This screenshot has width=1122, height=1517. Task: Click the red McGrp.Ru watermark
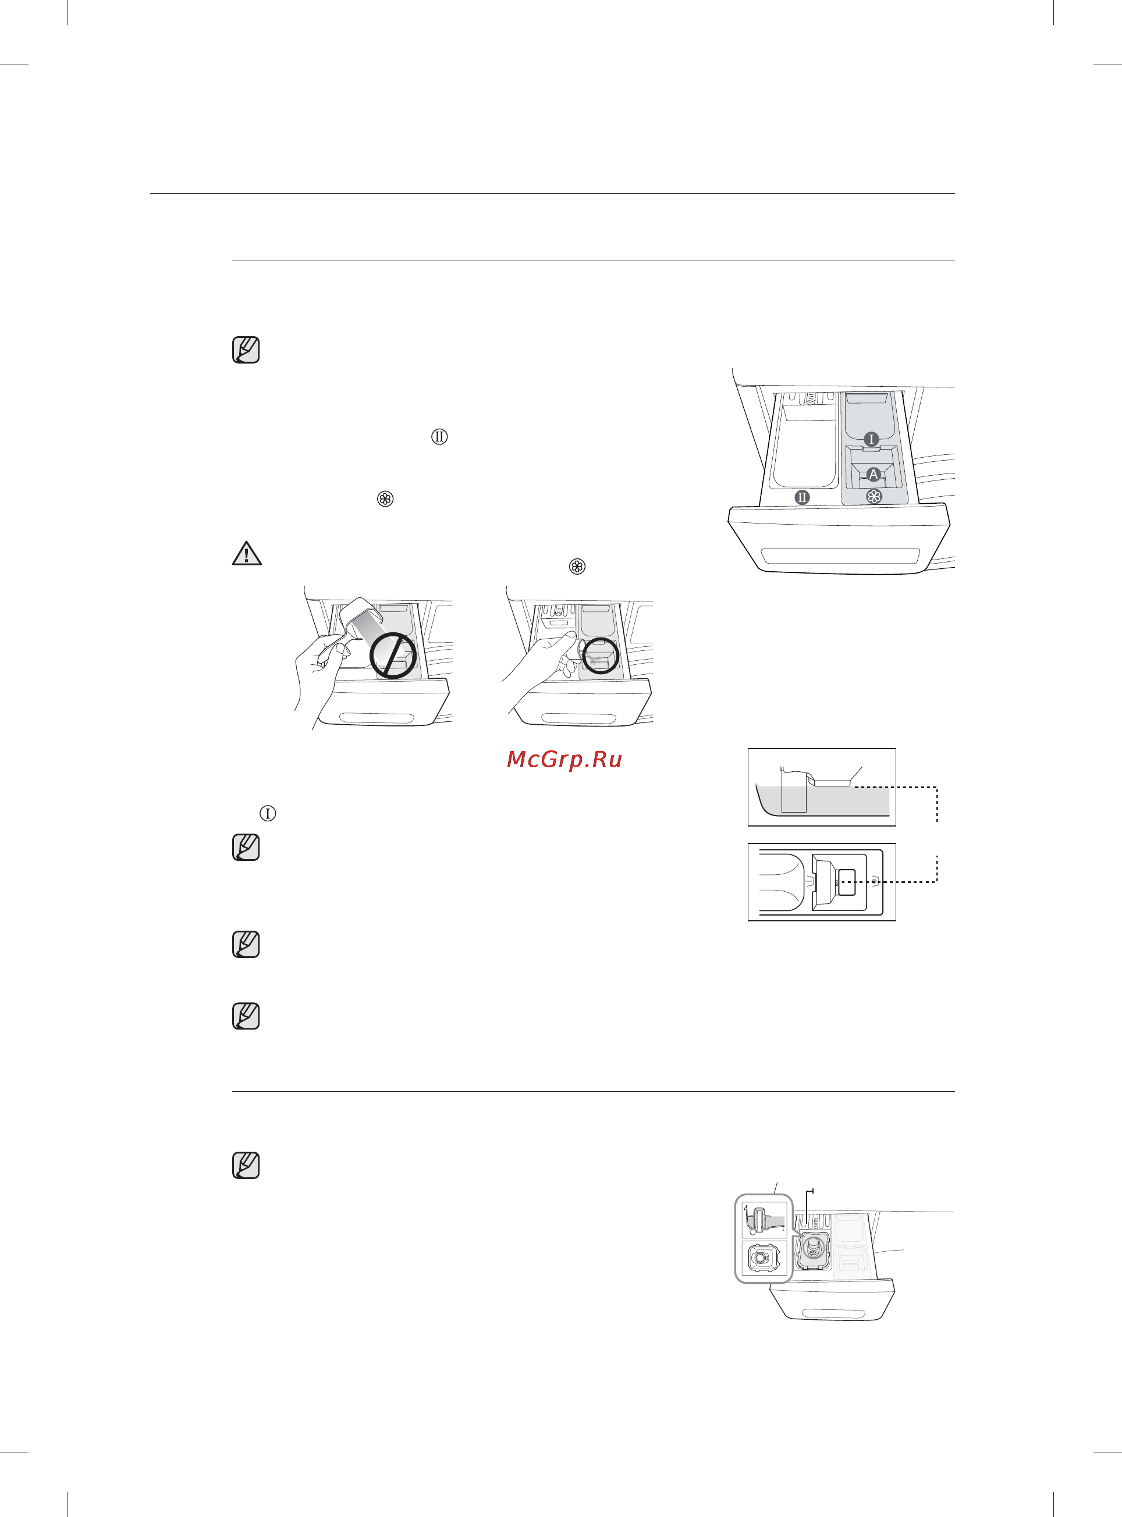click(x=564, y=759)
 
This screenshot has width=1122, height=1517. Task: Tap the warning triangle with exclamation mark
click(x=247, y=553)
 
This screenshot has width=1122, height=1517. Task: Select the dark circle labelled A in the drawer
click(x=874, y=475)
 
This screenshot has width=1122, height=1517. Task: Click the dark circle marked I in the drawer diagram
click(x=871, y=439)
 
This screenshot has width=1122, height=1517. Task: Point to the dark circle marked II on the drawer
click(x=802, y=497)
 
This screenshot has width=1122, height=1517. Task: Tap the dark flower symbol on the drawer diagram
click(x=874, y=497)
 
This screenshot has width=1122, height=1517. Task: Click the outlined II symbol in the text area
click(x=439, y=436)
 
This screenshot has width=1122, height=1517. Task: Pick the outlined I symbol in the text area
click(x=268, y=813)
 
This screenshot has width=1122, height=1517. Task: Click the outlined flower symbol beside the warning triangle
click(x=577, y=566)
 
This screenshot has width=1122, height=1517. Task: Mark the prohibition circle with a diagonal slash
click(x=393, y=655)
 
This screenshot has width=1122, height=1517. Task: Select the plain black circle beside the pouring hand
click(x=601, y=656)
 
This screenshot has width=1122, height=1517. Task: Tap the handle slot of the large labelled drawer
click(x=840, y=555)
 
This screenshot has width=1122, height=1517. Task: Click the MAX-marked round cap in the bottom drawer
click(x=813, y=1248)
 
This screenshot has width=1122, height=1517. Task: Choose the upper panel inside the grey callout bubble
click(x=764, y=1220)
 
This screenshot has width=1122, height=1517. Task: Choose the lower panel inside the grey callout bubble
click(x=764, y=1258)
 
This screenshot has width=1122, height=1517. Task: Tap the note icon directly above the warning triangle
click(x=246, y=350)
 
